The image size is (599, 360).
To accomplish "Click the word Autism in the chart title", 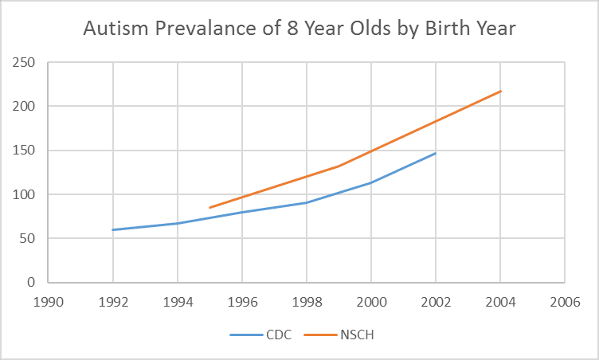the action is point(115,29).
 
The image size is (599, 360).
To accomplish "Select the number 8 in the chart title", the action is point(292,29).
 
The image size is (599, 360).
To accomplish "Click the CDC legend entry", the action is point(261,335).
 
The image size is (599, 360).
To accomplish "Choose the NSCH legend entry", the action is point(339,335).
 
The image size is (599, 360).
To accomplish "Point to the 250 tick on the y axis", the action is point(23,62).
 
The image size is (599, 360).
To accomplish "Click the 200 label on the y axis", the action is point(23,106).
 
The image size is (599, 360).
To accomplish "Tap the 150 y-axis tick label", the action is point(23,151).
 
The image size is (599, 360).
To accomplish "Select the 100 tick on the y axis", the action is point(23,194).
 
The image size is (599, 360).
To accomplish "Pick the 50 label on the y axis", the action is point(27,238).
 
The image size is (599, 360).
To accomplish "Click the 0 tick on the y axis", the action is point(31,283).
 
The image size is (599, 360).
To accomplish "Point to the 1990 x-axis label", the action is point(48,303).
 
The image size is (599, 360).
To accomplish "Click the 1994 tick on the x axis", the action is point(178,303).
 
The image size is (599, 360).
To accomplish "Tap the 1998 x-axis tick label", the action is point(307,303).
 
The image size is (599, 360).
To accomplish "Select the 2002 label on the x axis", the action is point(436,303).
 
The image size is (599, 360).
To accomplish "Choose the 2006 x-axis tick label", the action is point(565,303).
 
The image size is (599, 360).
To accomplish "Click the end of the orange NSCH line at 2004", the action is point(500,92).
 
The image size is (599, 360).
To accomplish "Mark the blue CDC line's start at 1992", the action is point(113,229).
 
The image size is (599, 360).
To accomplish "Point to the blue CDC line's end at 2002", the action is point(436,153).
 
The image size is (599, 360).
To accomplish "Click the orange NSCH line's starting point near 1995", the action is point(209,208).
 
